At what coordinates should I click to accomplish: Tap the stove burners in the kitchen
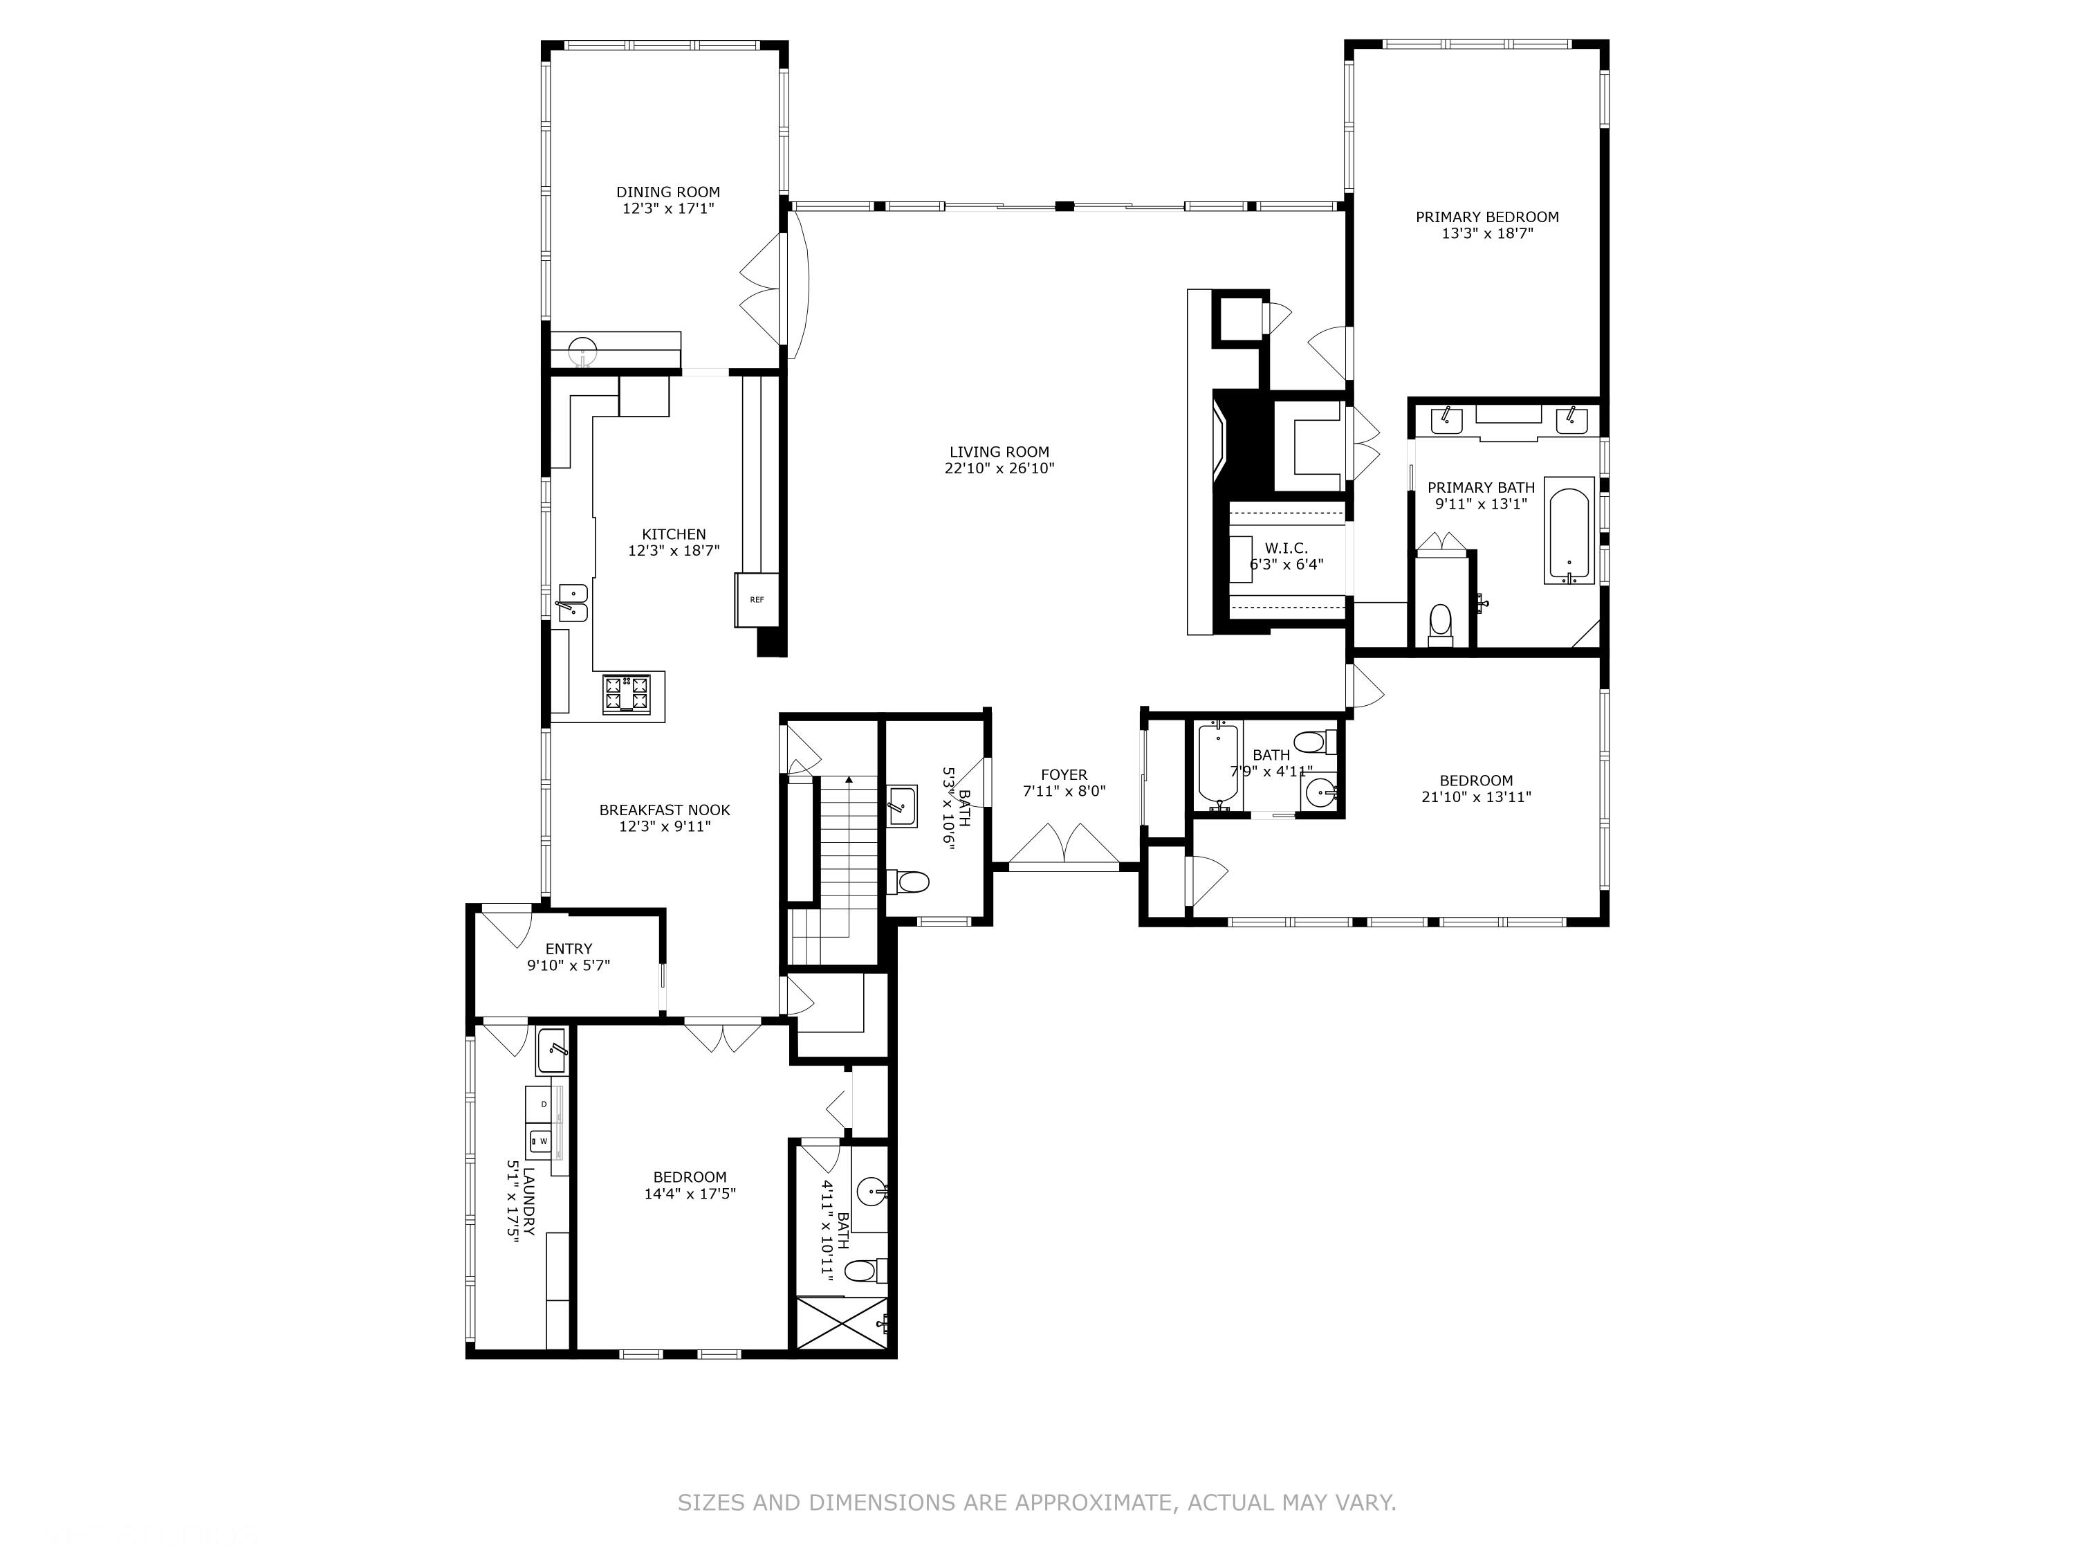click(627, 695)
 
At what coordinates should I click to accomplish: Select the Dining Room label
click(668, 192)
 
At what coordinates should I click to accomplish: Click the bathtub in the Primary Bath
click(1569, 530)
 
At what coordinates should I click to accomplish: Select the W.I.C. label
click(1285, 548)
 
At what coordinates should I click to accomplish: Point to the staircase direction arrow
click(849, 781)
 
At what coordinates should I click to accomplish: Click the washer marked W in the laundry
click(542, 1140)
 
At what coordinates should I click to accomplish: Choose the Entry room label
click(569, 949)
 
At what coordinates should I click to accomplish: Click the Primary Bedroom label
click(1487, 217)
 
